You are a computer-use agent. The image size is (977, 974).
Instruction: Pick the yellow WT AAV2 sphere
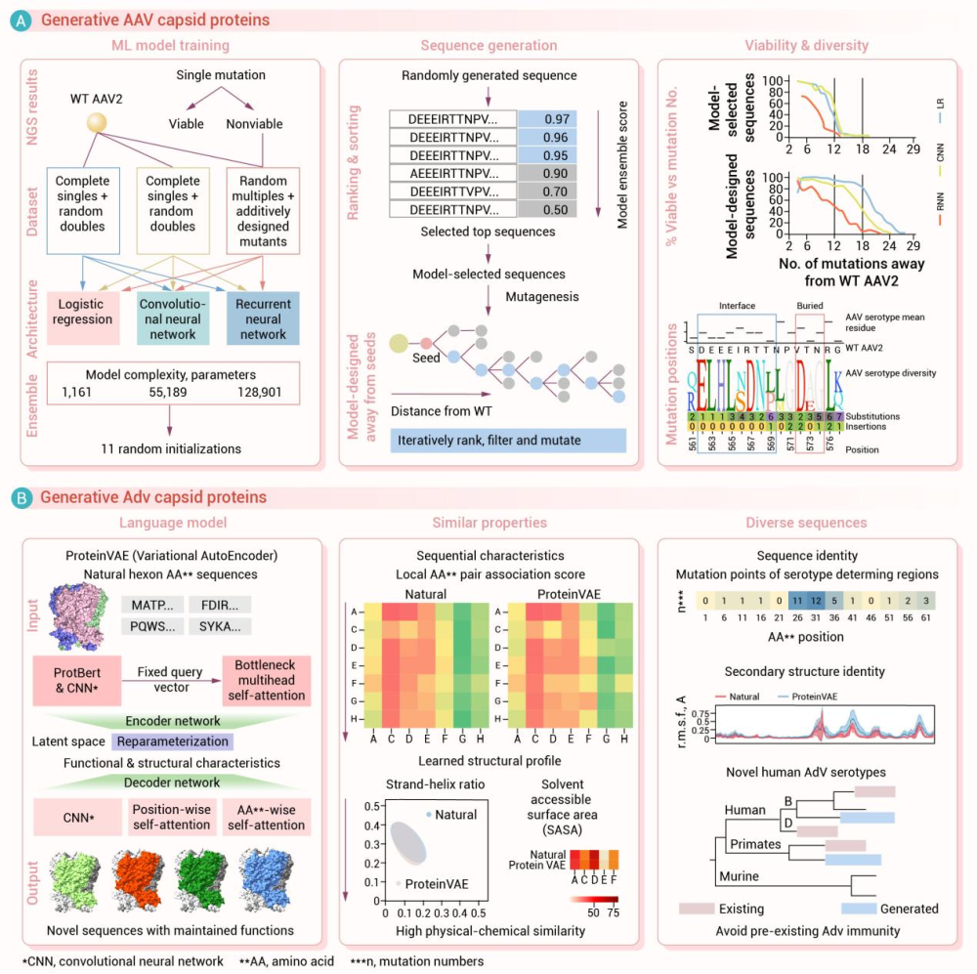click(98, 125)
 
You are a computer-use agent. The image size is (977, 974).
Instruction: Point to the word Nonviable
click(262, 125)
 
